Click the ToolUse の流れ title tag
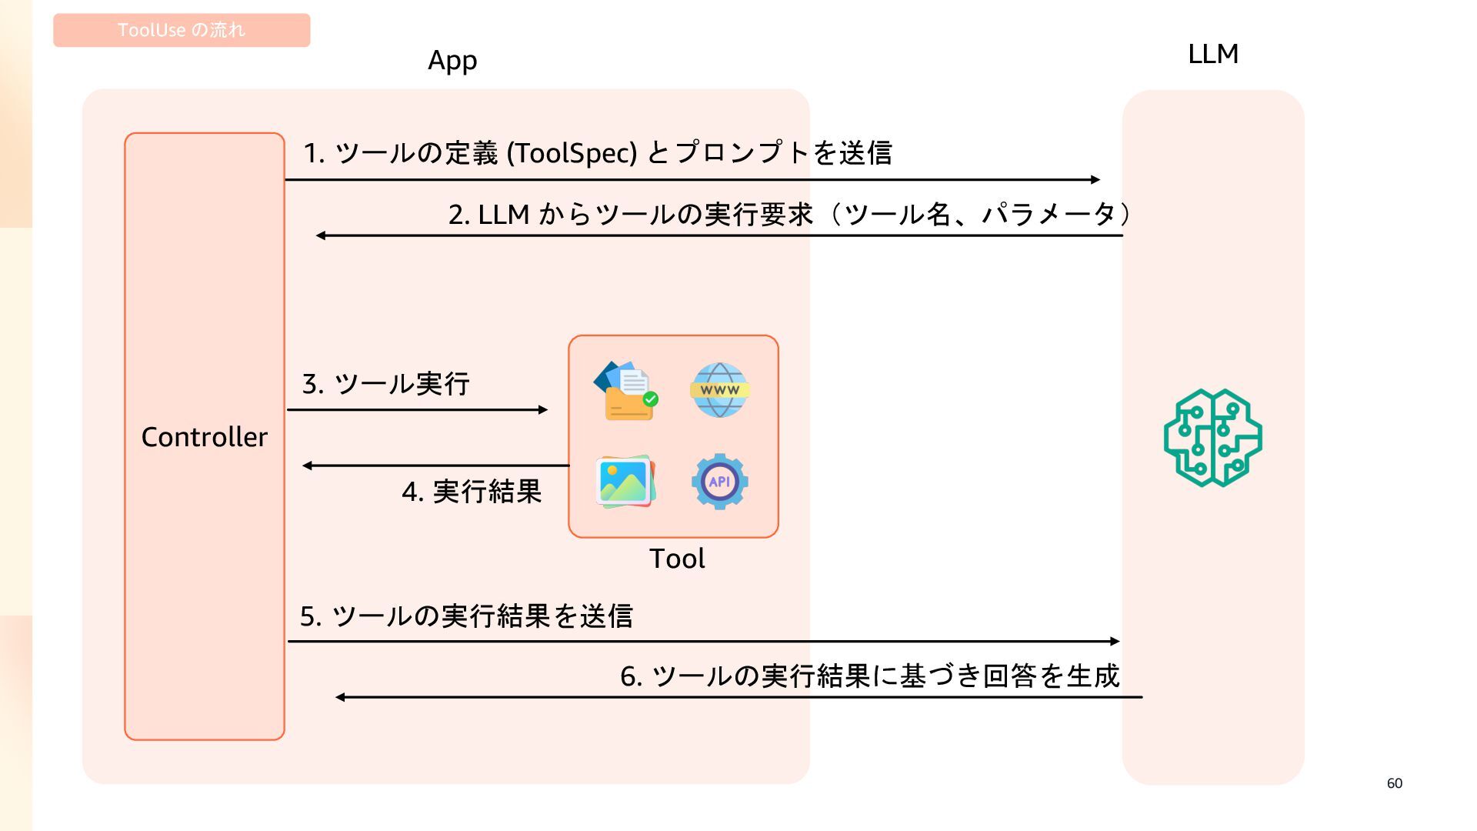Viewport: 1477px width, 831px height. pyautogui.click(x=182, y=30)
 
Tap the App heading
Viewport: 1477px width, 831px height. pyautogui.click(x=452, y=60)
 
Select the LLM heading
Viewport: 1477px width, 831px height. pyautogui.click(x=1212, y=54)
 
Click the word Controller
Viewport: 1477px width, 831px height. pyautogui.click(x=205, y=437)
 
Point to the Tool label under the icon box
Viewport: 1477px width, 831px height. pyautogui.click(x=677, y=559)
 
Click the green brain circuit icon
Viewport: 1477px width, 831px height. pyautogui.click(x=1212, y=437)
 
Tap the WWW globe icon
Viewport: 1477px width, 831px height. pyautogui.click(x=719, y=390)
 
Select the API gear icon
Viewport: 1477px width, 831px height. pyautogui.click(x=719, y=482)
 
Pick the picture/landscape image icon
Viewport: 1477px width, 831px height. pyautogui.click(x=625, y=482)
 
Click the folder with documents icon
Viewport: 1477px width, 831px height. pyautogui.click(x=626, y=390)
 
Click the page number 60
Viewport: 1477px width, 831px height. pyautogui.click(x=1394, y=783)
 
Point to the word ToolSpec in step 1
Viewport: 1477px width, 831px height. pyautogui.click(x=572, y=153)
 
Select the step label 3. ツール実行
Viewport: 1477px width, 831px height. pyautogui.click(x=386, y=383)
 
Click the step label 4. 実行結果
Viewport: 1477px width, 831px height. pyautogui.click(x=472, y=492)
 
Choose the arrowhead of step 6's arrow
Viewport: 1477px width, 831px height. pyautogui.click(x=340, y=697)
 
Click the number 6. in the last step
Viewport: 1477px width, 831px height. pyautogui.click(x=631, y=676)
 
